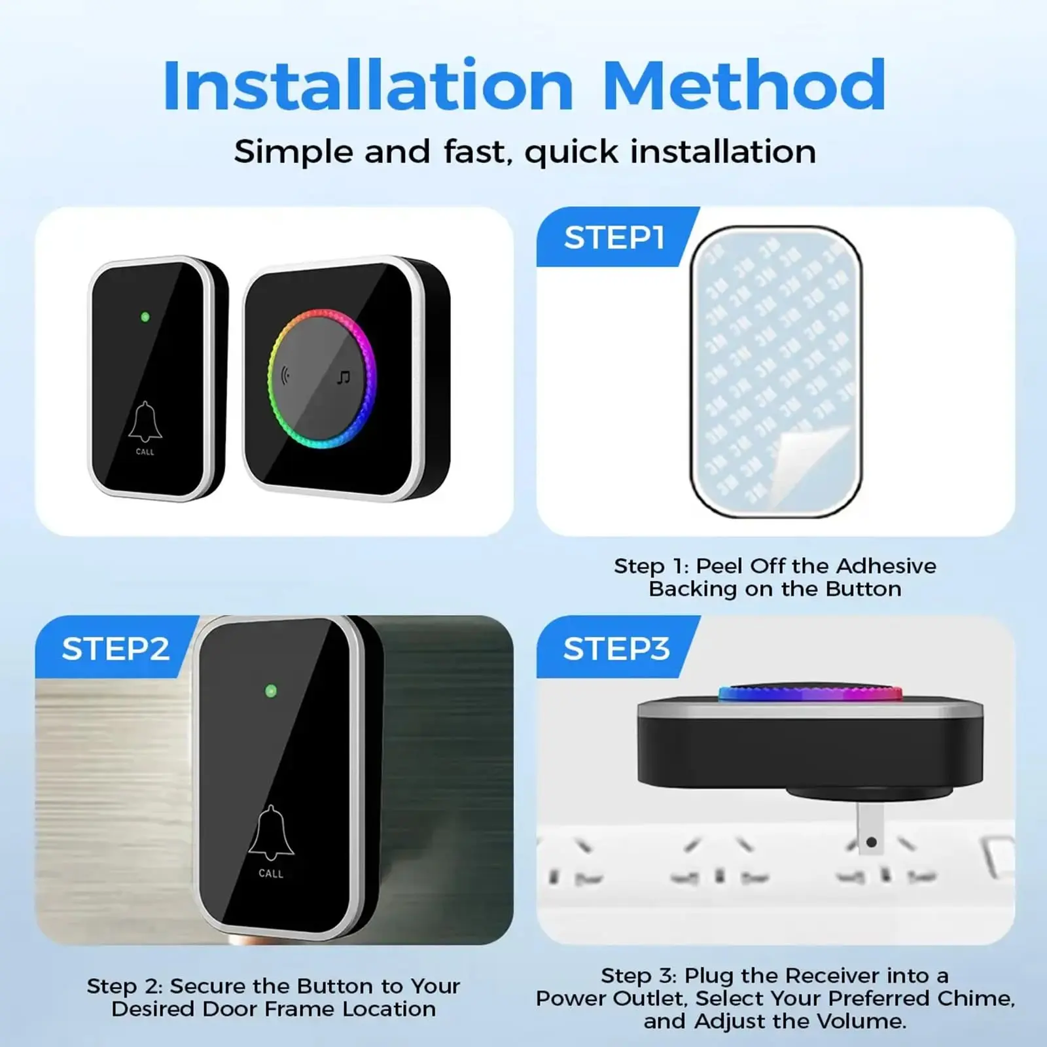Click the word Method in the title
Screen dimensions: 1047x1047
pos(744,85)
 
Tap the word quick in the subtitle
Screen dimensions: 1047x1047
pos(571,152)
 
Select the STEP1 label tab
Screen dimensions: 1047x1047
pos(615,237)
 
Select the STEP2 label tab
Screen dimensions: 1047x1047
pos(116,648)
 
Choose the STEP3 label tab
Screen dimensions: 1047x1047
pos(616,648)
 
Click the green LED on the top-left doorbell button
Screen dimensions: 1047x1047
pos(145,317)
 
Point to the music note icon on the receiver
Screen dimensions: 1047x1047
pos(344,378)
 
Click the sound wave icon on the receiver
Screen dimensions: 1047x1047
pos(285,376)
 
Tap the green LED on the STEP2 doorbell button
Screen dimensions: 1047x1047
pos(271,690)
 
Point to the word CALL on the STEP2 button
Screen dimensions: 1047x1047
pos(271,874)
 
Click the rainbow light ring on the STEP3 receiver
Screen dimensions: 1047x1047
pos(810,693)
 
